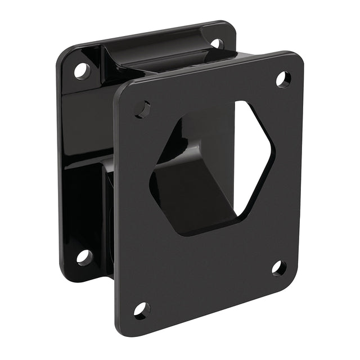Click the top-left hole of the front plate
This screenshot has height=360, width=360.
143,109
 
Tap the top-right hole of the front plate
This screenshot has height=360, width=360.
283,79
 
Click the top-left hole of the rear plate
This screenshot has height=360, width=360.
82,70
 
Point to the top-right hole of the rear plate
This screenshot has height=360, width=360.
217,43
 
